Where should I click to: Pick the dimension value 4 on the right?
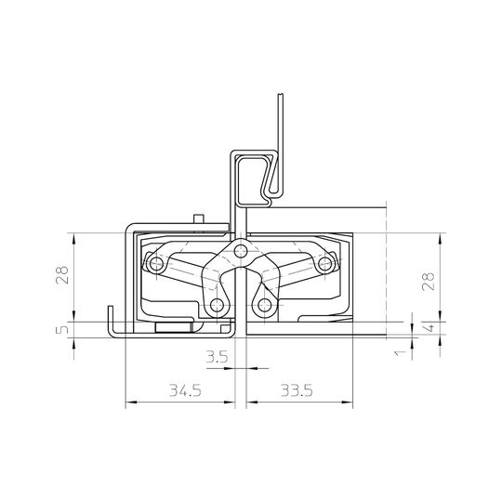click(429, 327)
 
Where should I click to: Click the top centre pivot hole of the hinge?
click(241, 249)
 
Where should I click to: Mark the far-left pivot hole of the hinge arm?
click(155, 266)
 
